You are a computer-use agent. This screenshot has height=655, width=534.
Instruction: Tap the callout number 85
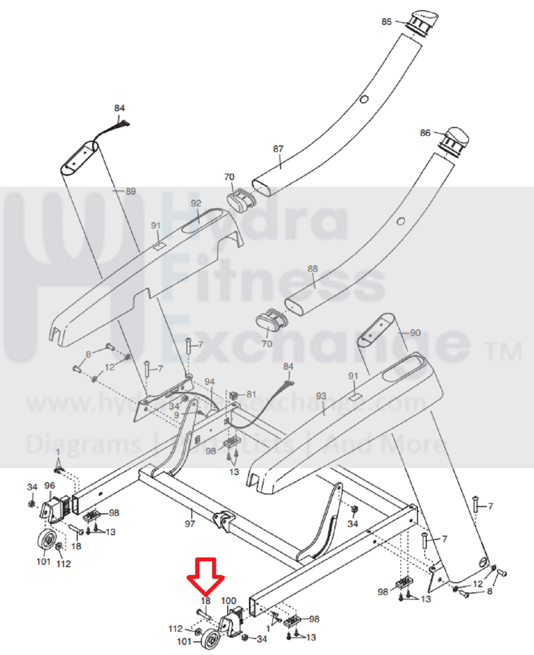(386, 22)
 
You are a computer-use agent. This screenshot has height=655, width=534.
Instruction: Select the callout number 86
(425, 133)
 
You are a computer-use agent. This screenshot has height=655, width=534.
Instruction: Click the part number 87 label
(278, 149)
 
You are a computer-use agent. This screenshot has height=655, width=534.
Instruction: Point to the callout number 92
(196, 203)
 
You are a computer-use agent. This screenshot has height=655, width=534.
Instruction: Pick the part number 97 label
(189, 523)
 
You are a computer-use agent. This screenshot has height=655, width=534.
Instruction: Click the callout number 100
(228, 601)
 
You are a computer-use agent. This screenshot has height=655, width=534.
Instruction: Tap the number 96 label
(50, 486)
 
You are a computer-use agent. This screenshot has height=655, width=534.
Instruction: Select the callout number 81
(251, 394)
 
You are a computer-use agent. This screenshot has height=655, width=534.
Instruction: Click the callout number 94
(209, 382)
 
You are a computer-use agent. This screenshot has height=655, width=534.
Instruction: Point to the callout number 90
(415, 333)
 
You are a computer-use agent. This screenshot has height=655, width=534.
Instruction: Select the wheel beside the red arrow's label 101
(210, 639)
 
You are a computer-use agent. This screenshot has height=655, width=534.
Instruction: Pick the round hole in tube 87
(363, 99)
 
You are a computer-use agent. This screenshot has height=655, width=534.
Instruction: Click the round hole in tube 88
(400, 221)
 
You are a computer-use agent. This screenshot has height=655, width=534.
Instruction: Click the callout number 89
(130, 191)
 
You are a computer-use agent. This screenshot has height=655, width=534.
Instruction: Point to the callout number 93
(321, 396)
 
